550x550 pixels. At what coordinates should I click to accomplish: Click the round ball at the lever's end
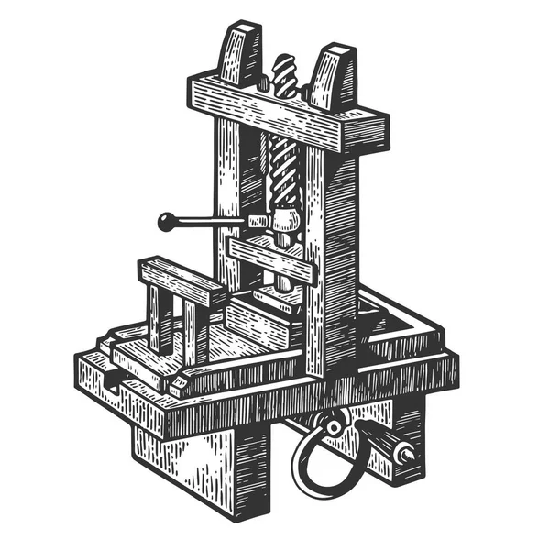coord(167,220)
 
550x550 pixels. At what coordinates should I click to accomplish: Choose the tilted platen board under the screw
coord(270,257)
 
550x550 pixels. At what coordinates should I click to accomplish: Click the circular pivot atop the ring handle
coord(333,425)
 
